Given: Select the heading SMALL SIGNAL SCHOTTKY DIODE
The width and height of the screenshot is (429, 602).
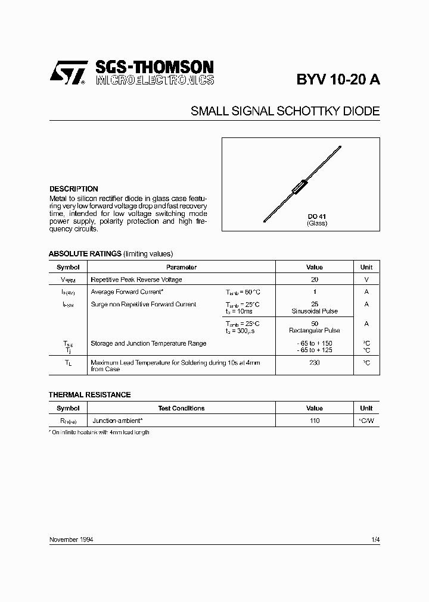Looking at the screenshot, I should tap(285, 111).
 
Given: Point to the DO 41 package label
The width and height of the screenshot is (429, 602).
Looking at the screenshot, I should tap(317, 217).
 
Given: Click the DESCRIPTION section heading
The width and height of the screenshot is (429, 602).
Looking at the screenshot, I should tap(73, 189).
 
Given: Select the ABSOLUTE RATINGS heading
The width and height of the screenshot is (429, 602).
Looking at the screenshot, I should tap(85, 253).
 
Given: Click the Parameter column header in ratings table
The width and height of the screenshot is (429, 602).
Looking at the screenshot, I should tap(181, 267).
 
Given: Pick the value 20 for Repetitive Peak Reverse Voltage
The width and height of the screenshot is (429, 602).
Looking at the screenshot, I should tap(315, 280).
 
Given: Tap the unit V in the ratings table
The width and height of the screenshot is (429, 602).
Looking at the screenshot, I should tap(366, 280).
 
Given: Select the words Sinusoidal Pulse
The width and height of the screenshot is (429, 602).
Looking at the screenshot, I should tap(315, 311).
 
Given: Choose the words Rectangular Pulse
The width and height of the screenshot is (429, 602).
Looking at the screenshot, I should tap(315, 330).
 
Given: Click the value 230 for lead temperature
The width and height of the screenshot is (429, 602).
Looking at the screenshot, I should tap(315, 362).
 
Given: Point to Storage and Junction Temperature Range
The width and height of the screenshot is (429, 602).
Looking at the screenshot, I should tap(148, 343).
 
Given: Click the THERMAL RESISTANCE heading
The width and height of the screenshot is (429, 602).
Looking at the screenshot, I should tap(89, 394).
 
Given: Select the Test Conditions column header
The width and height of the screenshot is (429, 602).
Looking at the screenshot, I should tap(181, 408).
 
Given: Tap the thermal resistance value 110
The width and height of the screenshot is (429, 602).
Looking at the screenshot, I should tap(315, 421).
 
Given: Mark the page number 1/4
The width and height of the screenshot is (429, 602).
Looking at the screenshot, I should tap(375, 540).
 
